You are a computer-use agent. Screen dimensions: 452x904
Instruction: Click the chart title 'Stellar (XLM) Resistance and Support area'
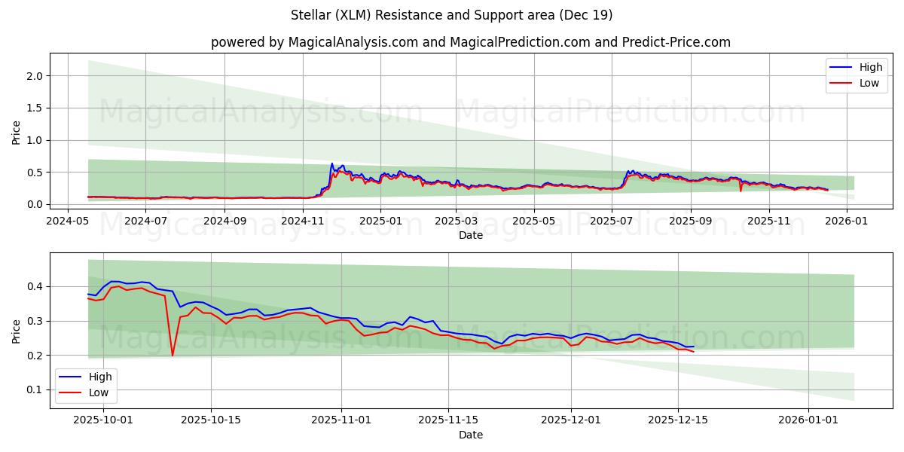[x=451, y=15]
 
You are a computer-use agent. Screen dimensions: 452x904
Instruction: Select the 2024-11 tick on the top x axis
[x=303, y=221]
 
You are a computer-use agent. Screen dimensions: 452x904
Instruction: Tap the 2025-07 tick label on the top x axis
[x=612, y=221]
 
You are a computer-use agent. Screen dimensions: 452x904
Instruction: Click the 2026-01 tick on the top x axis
[x=847, y=221]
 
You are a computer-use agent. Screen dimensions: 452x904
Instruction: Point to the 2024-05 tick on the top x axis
[x=68, y=221]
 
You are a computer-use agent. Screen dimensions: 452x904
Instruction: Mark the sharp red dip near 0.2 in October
[x=173, y=355]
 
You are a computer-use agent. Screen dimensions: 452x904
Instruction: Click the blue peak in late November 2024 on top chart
[x=331, y=163]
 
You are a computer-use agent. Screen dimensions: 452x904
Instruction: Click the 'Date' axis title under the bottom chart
[x=470, y=435]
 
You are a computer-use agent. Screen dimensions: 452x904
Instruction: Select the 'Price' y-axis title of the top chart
[x=17, y=133]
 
